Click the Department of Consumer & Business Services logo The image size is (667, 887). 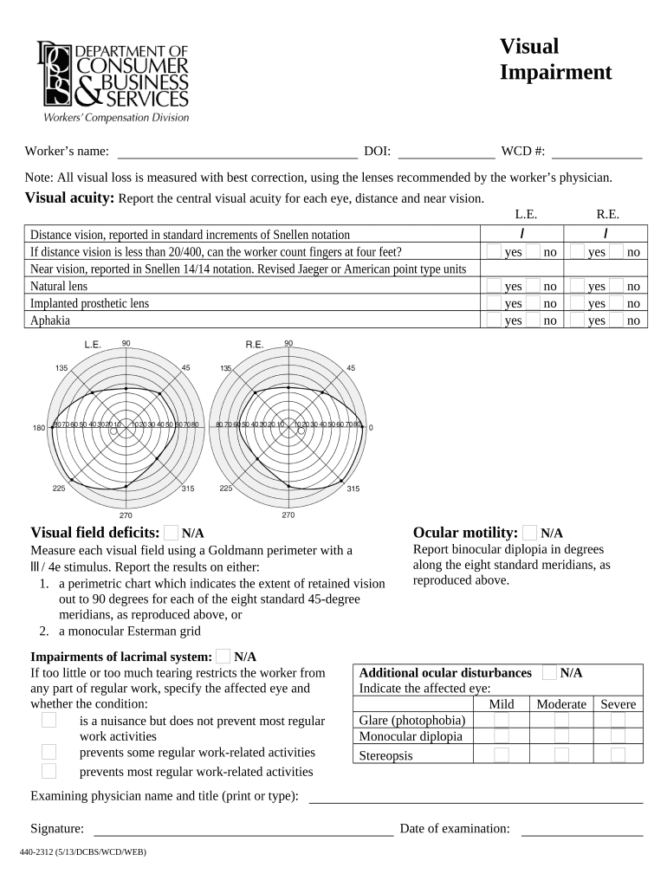pos(112,81)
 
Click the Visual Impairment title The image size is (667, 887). pos(555,59)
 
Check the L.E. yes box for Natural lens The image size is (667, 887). pos(493,286)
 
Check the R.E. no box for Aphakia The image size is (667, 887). pos(616,320)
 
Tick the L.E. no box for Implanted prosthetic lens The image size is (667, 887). pos(533,303)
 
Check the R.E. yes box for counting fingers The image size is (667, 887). pos(577,252)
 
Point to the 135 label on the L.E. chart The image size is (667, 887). pos(62,368)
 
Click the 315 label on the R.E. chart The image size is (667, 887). pos(353,489)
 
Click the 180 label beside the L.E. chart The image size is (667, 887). pos(39,428)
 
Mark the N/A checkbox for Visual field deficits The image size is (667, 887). pos(172,533)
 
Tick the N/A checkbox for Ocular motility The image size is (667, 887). pos(530,533)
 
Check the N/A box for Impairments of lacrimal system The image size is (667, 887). pos(223,657)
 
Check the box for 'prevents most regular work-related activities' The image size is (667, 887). pos(49,771)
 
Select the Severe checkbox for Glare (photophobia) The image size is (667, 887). pos(618,720)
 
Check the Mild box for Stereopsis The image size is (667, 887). pos(502,754)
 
